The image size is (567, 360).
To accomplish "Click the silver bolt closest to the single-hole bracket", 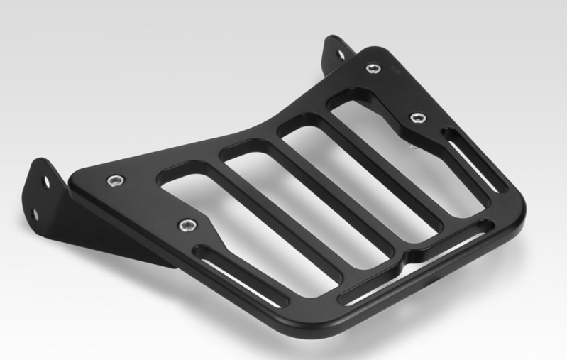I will pos(370,68).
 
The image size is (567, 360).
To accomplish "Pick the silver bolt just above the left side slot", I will pos(186,226).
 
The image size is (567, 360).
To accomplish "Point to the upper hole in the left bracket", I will pos(47,182).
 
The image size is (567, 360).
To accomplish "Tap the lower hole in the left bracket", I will pos(34,212).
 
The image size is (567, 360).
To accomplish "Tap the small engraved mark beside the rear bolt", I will pos(395,69).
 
